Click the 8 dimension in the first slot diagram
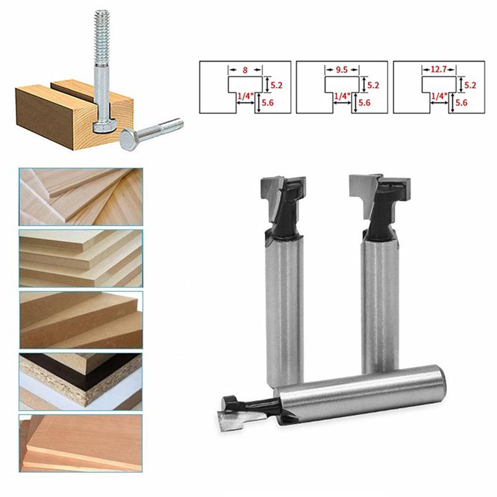point(245,71)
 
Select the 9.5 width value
point(342,71)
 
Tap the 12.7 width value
point(439,71)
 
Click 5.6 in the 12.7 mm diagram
point(461,103)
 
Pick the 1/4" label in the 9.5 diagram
point(342,96)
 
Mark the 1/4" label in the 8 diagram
point(245,96)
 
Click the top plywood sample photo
point(81,196)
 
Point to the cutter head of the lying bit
point(239,414)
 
